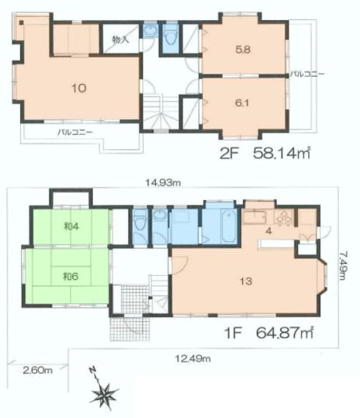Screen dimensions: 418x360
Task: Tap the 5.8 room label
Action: [x=242, y=48]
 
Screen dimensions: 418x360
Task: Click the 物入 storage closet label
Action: [x=121, y=39]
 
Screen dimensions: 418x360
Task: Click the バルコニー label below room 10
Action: [x=74, y=132]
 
